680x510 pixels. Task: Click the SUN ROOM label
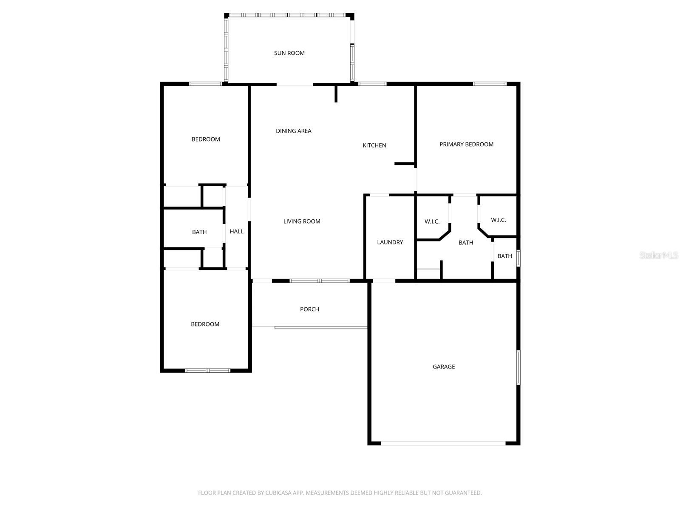[289, 53]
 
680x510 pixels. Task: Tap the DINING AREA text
[293, 131]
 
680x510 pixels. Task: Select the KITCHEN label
[374, 145]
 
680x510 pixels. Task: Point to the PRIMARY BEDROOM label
[466, 144]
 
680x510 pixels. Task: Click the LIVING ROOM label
[302, 221]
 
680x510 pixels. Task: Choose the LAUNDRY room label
[390, 242]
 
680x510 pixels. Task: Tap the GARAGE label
[444, 367]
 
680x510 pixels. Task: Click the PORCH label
[309, 309]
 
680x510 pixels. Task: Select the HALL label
[236, 231]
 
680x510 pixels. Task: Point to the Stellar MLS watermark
[659, 255]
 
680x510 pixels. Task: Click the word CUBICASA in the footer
[278, 493]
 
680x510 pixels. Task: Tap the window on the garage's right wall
[518, 368]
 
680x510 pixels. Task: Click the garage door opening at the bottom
[443, 443]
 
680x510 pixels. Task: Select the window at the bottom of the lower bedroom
[207, 370]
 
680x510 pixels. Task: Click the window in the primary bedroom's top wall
[490, 84]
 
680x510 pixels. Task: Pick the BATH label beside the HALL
[199, 232]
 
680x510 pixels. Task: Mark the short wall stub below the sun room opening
[336, 93]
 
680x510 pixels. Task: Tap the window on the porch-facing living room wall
[320, 281]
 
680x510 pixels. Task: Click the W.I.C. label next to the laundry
[432, 221]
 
